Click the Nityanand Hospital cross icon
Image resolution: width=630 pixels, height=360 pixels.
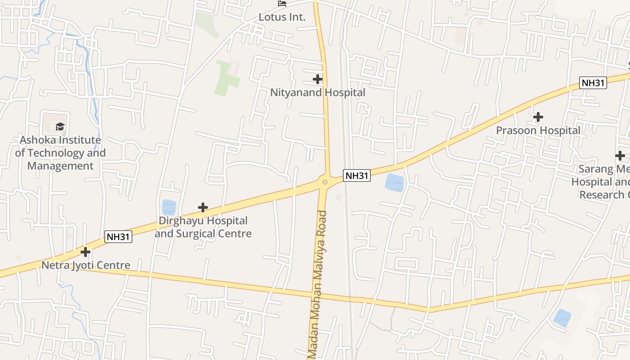318,80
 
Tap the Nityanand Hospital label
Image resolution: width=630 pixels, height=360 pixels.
318,93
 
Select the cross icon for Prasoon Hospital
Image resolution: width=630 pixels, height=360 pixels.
538,117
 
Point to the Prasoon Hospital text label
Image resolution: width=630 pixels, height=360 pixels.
538,130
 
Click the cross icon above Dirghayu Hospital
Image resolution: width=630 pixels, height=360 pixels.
203,207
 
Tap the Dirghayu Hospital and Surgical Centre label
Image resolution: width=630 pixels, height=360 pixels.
203,227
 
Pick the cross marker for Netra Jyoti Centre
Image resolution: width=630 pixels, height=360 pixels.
85,252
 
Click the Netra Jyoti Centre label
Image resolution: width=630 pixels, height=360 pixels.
85,265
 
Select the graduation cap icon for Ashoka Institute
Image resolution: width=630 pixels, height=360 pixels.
60,126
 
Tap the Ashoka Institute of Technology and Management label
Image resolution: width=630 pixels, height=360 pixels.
60,153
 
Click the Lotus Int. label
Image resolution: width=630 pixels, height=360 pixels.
282,18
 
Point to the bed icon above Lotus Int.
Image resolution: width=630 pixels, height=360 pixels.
282,4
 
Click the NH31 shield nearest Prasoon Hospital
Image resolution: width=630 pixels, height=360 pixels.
593,83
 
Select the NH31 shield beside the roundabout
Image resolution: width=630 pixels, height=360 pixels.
357,175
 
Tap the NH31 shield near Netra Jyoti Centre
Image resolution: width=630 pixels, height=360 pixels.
118,237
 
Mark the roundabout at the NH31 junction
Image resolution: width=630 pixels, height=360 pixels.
325,182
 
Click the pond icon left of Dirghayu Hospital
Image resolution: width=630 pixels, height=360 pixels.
169,207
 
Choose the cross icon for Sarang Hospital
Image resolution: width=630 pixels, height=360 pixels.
620,156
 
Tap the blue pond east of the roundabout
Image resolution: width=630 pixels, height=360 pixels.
395,183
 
